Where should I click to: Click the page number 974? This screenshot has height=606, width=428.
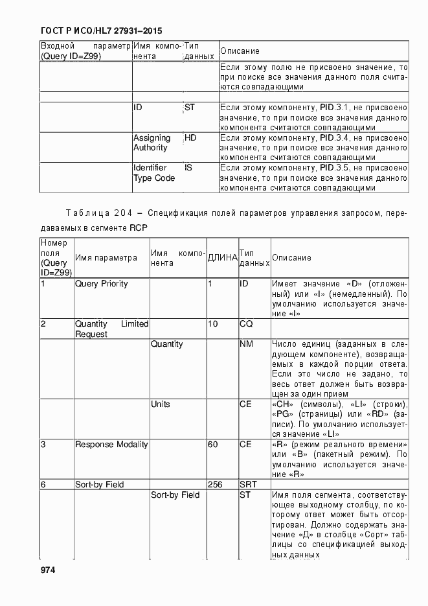pyautogui.click(x=47, y=570)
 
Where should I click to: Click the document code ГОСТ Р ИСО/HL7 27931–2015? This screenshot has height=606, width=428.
pyautogui.click(x=100, y=30)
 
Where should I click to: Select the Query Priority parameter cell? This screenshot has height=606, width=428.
pyautogui.click(x=102, y=284)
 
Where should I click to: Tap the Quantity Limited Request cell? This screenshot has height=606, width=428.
pyautogui.click(x=111, y=329)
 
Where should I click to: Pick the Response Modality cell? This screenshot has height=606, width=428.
pyautogui.click(x=111, y=445)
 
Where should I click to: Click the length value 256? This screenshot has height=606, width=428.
pyautogui.click(x=216, y=485)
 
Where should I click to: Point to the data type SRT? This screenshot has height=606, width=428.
pyautogui.click(x=249, y=485)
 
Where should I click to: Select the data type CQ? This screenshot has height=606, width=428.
pyautogui.click(x=246, y=324)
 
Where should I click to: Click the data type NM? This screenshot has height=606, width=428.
pyautogui.click(x=246, y=344)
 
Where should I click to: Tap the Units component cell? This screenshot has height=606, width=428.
pyautogui.click(x=161, y=404)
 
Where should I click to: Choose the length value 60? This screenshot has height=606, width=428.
pyautogui.click(x=212, y=445)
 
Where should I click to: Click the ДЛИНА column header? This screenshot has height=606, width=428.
pyautogui.click(x=222, y=258)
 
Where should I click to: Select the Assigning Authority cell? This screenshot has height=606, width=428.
pyautogui.click(x=152, y=143)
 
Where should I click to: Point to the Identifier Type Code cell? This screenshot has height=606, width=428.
pyautogui.click(x=154, y=173)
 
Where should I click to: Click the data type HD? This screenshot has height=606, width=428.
pyautogui.click(x=190, y=138)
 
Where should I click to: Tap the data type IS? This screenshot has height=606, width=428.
pyautogui.click(x=188, y=168)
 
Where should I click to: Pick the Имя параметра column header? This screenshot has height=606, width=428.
pyautogui.click(x=106, y=258)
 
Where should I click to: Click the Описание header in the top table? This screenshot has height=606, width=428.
pyautogui.click(x=240, y=51)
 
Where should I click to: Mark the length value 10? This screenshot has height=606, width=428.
pyautogui.click(x=212, y=324)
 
